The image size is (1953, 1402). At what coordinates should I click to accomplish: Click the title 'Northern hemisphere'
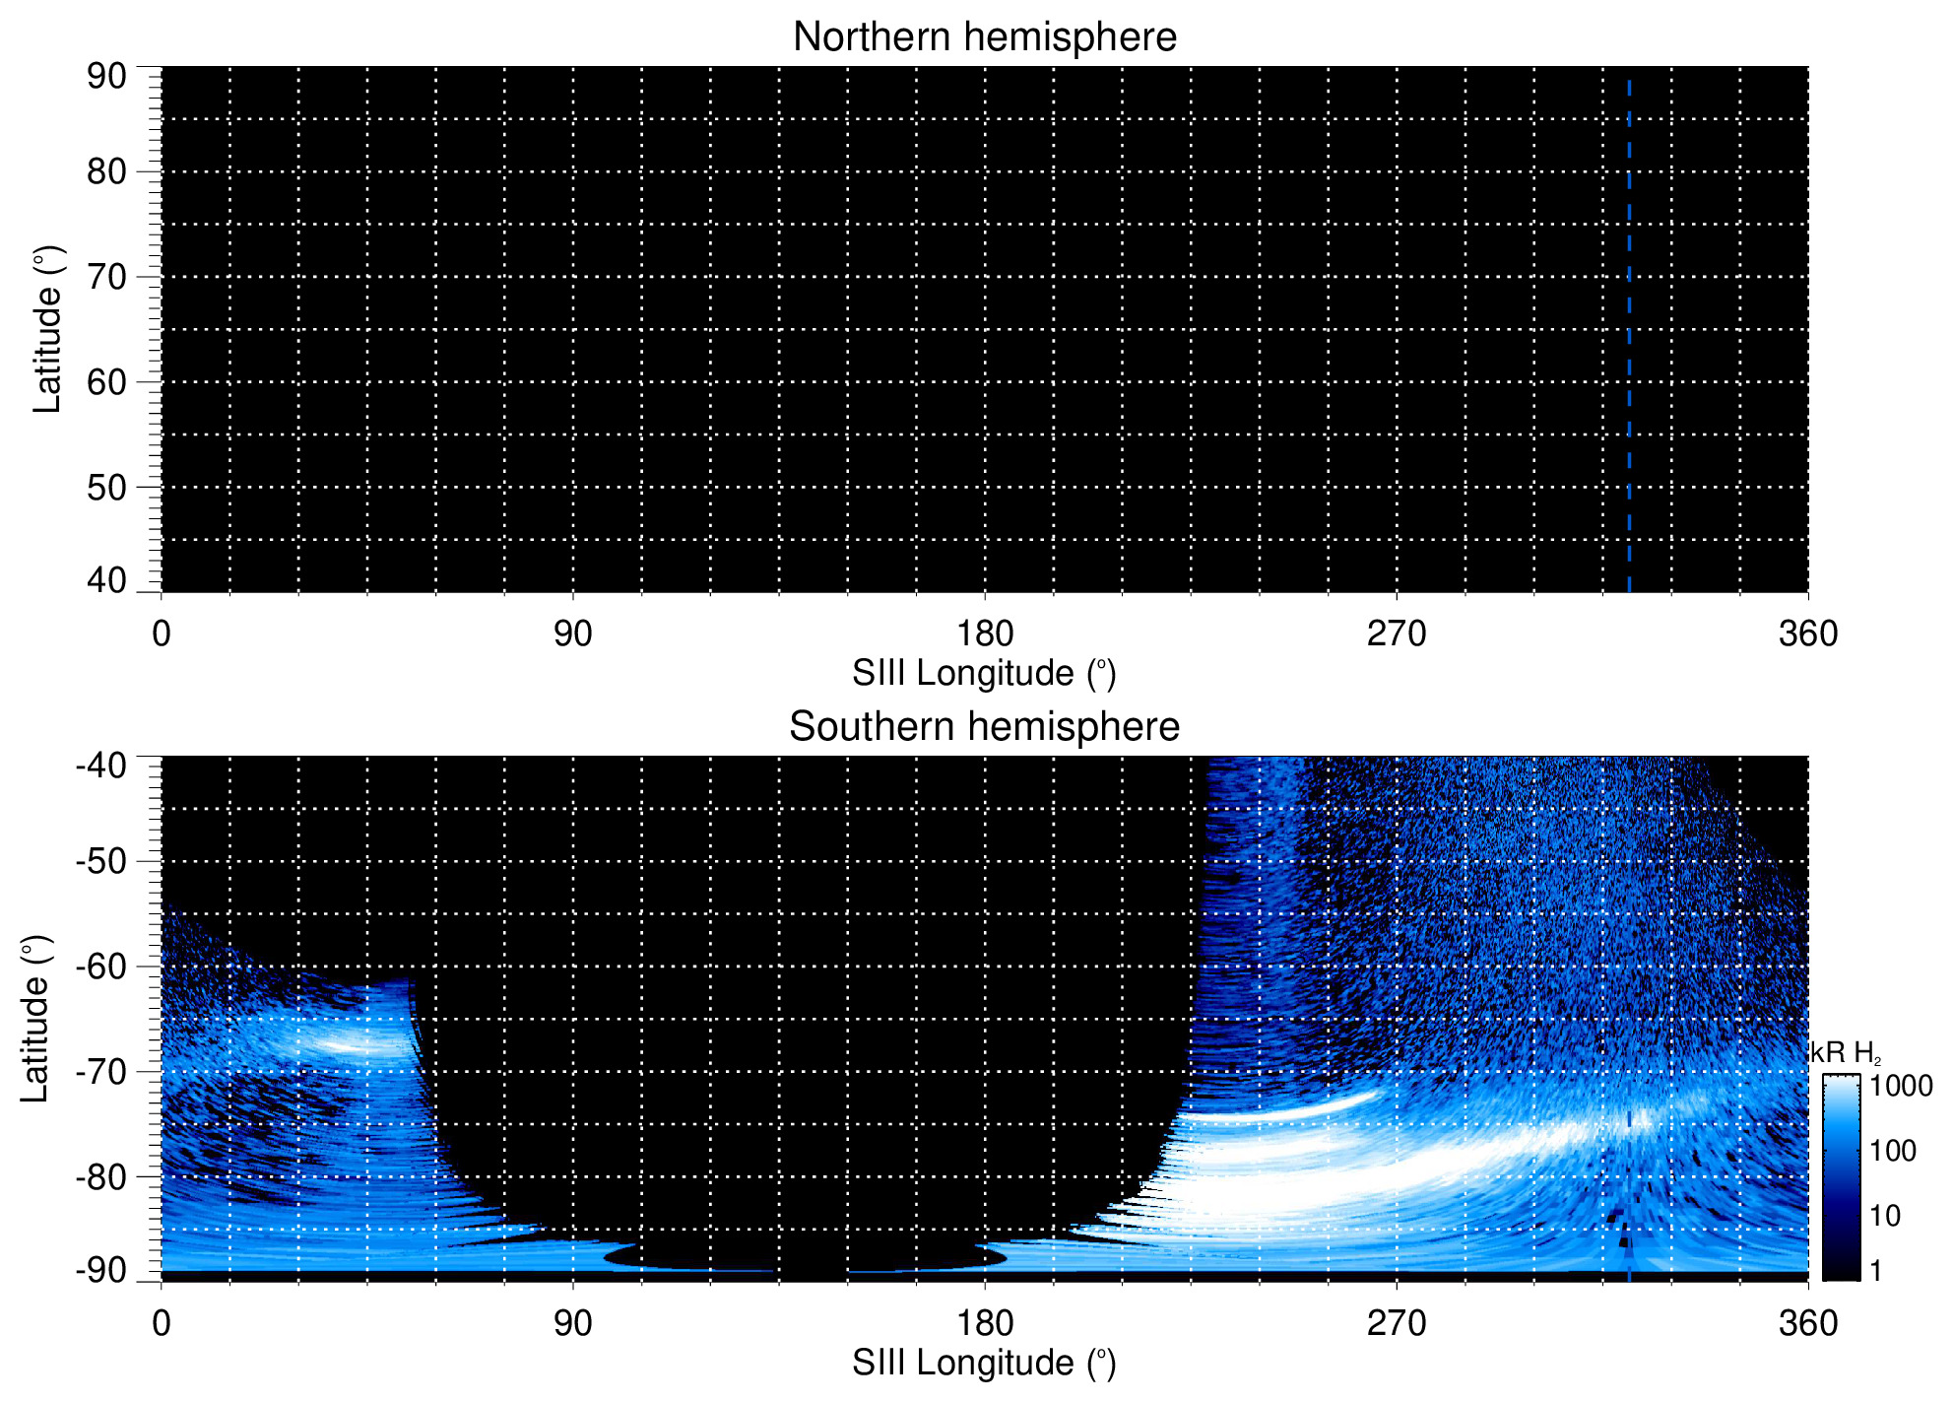tap(984, 37)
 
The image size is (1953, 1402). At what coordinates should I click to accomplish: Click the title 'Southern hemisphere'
tap(984, 727)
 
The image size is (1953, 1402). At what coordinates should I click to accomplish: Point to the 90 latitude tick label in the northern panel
tap(106, 76)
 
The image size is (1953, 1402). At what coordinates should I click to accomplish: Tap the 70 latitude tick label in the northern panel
tap(106, 277)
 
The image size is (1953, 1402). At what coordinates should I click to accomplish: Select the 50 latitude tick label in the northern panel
tap(106, 487)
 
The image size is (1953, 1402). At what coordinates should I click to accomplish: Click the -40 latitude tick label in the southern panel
tap(100, 765)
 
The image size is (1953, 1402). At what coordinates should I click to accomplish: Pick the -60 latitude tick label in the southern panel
tap(100, 967)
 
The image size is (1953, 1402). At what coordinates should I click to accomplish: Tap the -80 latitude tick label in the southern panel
tap(100, 1176)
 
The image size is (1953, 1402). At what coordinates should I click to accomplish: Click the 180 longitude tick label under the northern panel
tap(985, 634)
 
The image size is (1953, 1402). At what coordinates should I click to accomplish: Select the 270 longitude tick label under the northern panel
tap(1397, 634)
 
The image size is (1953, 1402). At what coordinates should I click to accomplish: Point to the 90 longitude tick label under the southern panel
tap(572, 1323)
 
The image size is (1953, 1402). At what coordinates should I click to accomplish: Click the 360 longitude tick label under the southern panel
tap(1808, 1323)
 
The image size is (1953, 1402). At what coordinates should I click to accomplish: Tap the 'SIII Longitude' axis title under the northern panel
tap(984, 674)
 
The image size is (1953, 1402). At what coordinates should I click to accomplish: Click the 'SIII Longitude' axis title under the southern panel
tap(984, 1364)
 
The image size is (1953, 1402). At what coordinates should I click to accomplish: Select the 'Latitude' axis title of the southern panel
tap(35, 1019)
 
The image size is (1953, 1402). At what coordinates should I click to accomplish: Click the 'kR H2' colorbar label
tap(1845, 1053)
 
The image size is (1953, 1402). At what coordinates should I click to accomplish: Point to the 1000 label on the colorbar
tap(1901, 1086)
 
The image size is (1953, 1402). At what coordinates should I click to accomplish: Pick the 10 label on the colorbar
tap(1885, 1216)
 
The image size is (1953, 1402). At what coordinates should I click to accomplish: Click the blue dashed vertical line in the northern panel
tap(1629, 335)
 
